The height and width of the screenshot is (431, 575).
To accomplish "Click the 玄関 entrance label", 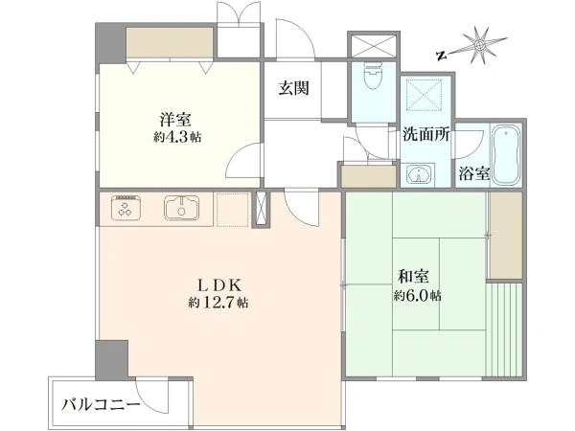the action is pos(293,88).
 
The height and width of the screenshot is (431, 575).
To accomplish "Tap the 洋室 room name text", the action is pos(175,120).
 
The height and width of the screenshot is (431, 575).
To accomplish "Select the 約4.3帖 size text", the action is pos(177,138).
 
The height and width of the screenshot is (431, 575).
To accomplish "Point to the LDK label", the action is pos(219,284).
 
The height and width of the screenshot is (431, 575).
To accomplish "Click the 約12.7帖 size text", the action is pos(218,303).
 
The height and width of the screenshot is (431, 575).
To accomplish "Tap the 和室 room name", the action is pos(414,277).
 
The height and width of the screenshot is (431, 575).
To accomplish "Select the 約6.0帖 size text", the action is pos(418,295).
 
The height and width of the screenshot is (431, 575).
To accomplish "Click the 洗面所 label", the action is pos(426,135).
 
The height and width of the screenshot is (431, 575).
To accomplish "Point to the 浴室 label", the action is pos(474,173).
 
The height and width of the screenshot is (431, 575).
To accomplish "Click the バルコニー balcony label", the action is pos(101,405).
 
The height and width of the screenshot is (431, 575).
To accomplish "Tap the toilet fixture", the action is pos(373,75).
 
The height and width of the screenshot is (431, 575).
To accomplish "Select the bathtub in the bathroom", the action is pos(506,154).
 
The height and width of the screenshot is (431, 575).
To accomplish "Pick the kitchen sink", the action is pos(181,208).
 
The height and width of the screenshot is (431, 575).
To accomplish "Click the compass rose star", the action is pos(479,45).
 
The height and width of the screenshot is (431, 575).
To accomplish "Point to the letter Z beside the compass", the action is pos(442,56).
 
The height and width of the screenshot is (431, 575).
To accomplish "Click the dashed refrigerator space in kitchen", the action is pos(233,209).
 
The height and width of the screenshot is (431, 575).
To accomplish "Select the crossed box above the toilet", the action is pos(374,45).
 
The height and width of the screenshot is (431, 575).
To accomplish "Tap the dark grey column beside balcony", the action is pos(112,360).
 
